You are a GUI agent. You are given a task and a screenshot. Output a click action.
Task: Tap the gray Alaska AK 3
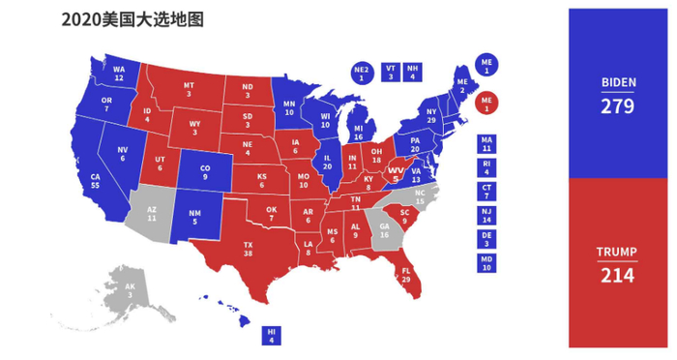click(130, 289)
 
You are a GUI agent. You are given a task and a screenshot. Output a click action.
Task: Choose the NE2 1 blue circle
click(362, 74)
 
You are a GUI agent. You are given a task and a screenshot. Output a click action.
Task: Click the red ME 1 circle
click(486, 102)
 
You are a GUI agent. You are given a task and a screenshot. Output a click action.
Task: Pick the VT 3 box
click(391, 73)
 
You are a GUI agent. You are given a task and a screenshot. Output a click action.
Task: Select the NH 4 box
click(413, 73)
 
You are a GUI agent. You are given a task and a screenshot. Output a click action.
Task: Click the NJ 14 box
click(486, 216)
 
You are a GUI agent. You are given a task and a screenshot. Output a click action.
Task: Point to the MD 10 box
click(486, 262)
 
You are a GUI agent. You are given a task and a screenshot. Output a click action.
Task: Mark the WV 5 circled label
click(395, 174)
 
